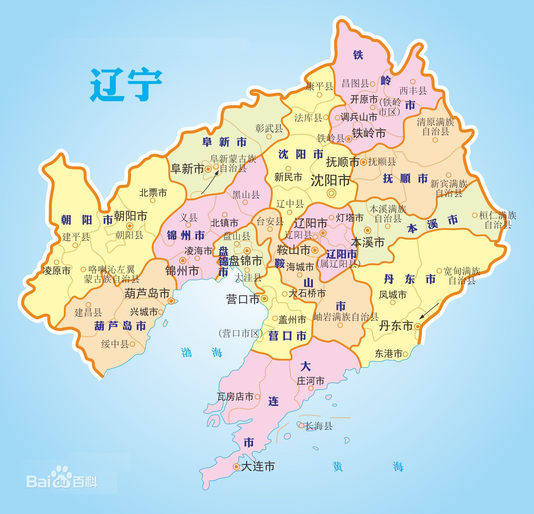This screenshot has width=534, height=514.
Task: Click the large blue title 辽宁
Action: (x=126, y=85)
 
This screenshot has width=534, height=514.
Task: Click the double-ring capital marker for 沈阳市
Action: (x=332, y=193)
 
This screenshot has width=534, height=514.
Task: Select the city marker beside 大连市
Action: (x=236, y=467)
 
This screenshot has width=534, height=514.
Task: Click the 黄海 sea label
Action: (x=368, y=467)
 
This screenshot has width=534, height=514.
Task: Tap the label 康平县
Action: (x=319, y=86)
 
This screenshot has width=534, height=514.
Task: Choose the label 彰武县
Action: (x=269, y=128)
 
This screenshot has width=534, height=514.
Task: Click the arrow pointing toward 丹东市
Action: (x=429, y=311)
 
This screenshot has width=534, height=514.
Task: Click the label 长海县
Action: (x=319, y=426)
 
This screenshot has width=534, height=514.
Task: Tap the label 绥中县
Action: (x=115, y=344)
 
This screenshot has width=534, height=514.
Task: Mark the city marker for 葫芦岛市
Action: (x=171, y=301)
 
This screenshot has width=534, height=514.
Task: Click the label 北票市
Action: (x=153, y=193)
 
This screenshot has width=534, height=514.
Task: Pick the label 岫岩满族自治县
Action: (x=346, y=317)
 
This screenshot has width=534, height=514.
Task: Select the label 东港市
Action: (x=388, y=353)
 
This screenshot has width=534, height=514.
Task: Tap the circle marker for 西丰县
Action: (x=413, y=81)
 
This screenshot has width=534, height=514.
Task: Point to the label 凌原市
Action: (x=57, y=271)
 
